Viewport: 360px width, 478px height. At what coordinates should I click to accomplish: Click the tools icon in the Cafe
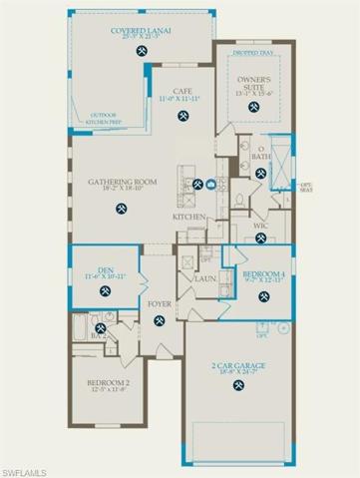point(182,118)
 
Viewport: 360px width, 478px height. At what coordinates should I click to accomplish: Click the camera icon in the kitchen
point(210,184)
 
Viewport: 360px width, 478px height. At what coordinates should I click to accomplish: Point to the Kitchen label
point(189,217)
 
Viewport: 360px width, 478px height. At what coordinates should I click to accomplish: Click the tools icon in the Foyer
point(161,319)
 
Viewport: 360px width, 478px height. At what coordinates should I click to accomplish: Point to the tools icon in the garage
point(236,387)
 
